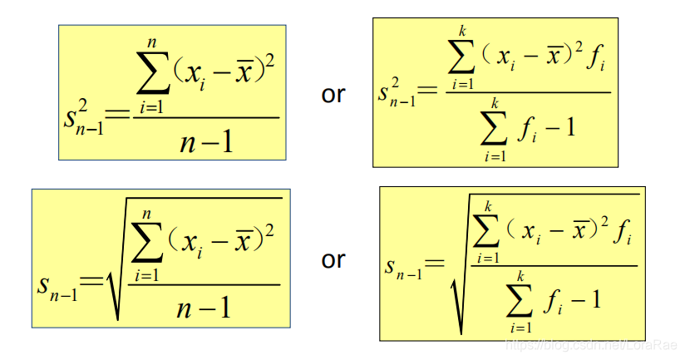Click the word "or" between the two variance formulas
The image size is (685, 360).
[333, 95]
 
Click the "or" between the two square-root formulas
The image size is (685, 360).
[333, 260]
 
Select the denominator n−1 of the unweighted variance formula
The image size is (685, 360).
[206, 142]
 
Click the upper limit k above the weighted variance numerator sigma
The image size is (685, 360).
[463, 31]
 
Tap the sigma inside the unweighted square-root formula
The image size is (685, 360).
[150, 240]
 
